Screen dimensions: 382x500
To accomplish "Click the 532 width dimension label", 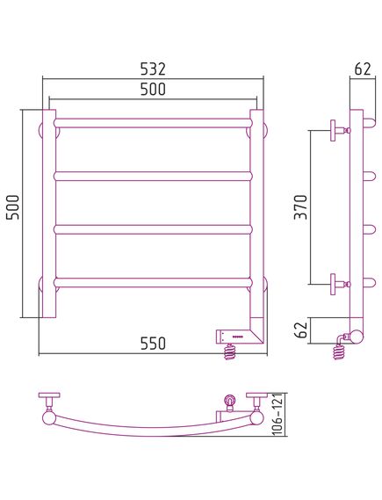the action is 154,69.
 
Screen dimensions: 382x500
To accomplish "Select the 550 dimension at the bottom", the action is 154,343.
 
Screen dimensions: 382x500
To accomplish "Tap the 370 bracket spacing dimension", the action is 301,207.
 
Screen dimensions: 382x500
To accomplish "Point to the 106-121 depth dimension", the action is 278,414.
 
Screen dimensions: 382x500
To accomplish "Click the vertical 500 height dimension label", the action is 14,207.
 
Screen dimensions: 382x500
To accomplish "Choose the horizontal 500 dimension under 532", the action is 154,89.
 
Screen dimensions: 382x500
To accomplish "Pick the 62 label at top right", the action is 363,69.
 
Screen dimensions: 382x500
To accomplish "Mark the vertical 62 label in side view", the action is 301,330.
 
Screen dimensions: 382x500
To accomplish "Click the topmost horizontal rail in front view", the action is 154,123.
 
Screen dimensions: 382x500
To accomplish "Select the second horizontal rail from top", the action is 154,177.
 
